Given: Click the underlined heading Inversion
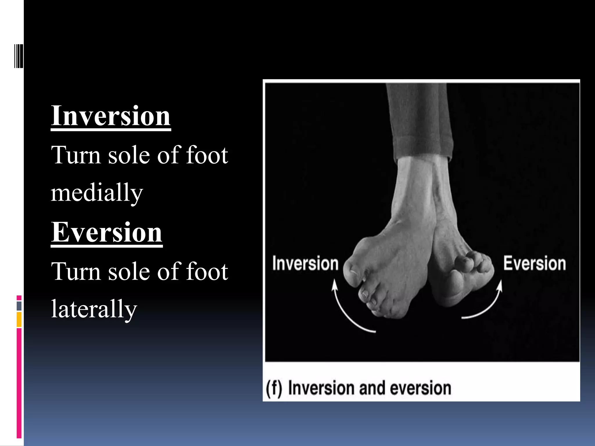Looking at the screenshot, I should click(111, 116).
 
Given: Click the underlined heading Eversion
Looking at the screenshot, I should click(107, 232).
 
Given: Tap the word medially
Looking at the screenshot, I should click(97, 193).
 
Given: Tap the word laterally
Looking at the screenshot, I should click(94, 309).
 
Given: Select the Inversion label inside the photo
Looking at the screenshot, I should click(305, 263).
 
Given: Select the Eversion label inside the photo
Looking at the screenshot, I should click(535, 263).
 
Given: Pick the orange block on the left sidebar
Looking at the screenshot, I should click(19, 319).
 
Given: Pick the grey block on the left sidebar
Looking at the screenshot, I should click(19, 306).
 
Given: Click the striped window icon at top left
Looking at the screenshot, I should click(19, 56).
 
